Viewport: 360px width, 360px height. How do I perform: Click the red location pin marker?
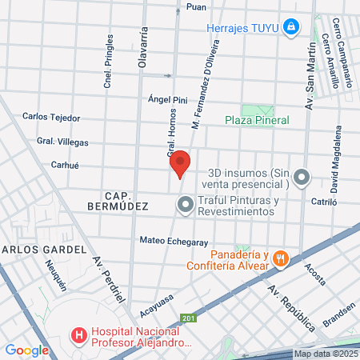[x=181, y=163]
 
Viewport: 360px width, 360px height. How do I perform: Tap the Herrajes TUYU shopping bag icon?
[x=293, y=28]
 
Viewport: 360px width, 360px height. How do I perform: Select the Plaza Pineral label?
[x=256, y=120]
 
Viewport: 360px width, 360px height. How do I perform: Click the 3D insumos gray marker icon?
[x=301, y=177]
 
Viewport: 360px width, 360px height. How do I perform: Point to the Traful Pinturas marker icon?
[x=185, y=206]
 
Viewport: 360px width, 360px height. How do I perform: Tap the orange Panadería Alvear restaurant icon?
[x=279, y=258]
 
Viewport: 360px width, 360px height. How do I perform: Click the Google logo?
[x=26, y=350]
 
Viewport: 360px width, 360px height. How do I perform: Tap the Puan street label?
[x=195, y=6]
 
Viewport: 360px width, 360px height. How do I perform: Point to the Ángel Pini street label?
[x=167, y=101]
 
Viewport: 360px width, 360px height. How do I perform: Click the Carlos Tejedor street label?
[x=51, y=117]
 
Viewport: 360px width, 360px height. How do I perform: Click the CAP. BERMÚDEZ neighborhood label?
[x=126, y=200]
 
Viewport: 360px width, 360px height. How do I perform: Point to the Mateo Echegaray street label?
[x=174, y=241]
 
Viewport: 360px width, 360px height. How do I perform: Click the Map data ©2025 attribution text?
[x=325, y=354]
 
